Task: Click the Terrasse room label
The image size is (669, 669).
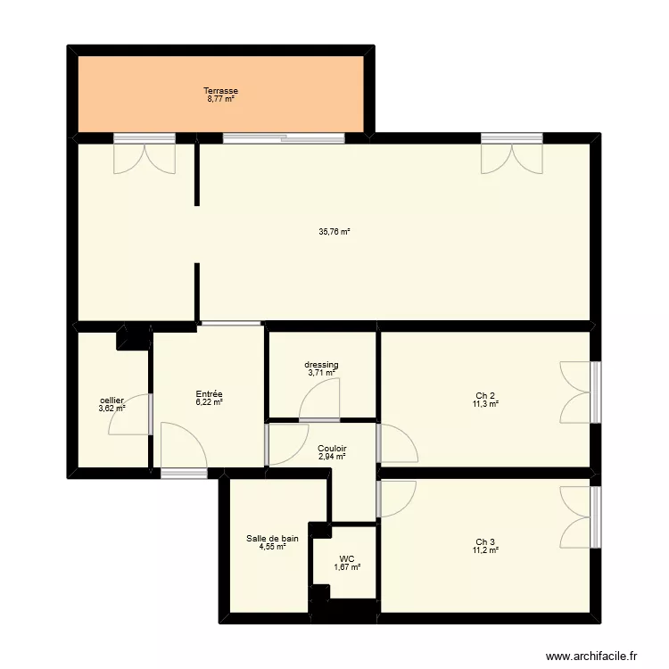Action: pos(220,91)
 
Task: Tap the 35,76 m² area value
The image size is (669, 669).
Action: pos(334,232)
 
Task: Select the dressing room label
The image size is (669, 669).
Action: pos(321,365)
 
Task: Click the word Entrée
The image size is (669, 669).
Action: pos(209,394)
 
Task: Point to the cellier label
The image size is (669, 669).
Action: pos(112,401)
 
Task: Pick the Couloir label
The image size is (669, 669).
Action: pos(332,449)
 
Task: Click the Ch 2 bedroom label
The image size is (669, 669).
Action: pos(485,396)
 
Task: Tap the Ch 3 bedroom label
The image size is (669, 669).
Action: pos(485,541)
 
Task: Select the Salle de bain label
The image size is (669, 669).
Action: pos(272,538)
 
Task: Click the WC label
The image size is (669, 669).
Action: pos(347,559)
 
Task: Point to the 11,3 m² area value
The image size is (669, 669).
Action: pos(485,404)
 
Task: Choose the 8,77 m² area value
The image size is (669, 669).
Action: pos(220,99)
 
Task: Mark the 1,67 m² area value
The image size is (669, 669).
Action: pos(347,567)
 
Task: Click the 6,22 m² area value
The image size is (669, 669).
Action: pos(209,402)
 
